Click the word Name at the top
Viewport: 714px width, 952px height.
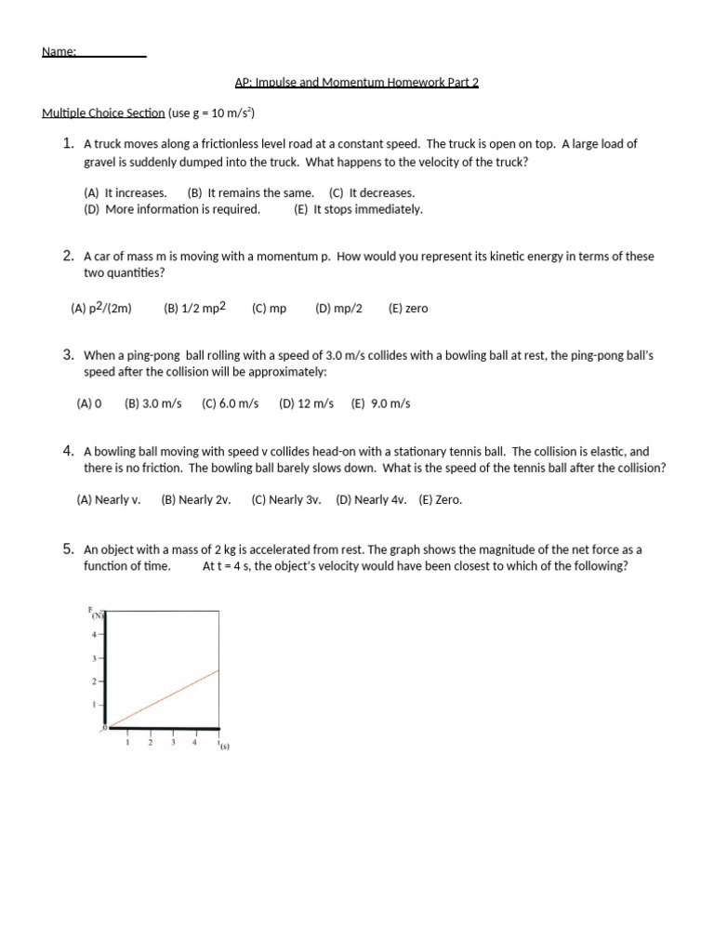pyautogui.click(x=58, y=52)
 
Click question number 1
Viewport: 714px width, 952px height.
pyautogui.click(x=68, y=143)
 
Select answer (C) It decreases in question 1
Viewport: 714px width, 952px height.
pyautogui.click(x=372, y=192)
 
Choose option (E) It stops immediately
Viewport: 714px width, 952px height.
pyautogui.click(x=358, y=209)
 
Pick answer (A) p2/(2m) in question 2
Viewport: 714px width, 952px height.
pyautogui.click(x=101, y=308)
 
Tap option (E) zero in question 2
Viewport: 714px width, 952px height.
pyautogui.click(x=408, y=308)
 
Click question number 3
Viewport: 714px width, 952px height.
pyautogui.click(x=68, y=354)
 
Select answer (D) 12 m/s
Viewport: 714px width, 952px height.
pyautogui.click(x=306, y=403)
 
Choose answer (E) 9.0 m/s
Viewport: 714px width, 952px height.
pyautogui.click(x=380, y=403)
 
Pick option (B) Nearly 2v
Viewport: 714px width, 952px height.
pyautogui.click(x=195, y=499)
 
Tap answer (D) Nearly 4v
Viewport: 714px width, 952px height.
pyautogui.click(x=371, y=499)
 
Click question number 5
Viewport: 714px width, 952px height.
pyautogui.click(x=68, y=549)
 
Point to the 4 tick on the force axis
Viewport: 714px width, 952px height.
pyautogui.click(x=93, y=634)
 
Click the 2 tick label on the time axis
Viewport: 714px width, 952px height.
pyautogui.click(x=150, y=742)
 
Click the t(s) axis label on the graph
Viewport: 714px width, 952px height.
pyautogui.click(x=223, y=746)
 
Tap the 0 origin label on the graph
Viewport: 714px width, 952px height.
pyautogui.click(x=104, y=726)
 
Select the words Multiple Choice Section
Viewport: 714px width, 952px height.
pyautogui.click(x=103, y=113)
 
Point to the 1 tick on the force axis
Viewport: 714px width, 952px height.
pyautogui.click(x=93, y=704)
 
